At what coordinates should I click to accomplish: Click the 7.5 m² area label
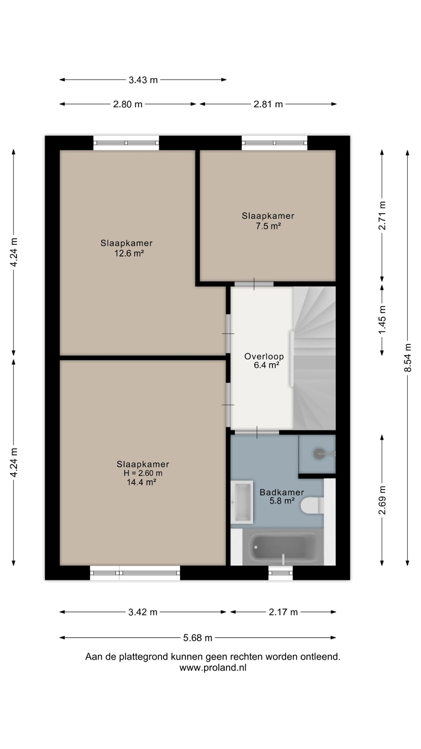[x=268, y=226]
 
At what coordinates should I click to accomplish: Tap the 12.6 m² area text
[x=129, y=253]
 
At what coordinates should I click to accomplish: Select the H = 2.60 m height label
[x=143, y=473]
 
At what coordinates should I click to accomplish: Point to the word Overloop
[x=264, y=356]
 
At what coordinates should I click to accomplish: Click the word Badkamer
[x=282, y=492]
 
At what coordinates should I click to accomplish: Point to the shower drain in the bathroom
[x=318, y=453]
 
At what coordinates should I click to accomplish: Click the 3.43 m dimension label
[x=143, y=80]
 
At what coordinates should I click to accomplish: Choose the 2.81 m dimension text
[x=268, y=104]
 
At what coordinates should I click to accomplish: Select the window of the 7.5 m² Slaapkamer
[x=275, y=143]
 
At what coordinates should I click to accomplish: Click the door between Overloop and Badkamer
[x=257, y=432]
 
